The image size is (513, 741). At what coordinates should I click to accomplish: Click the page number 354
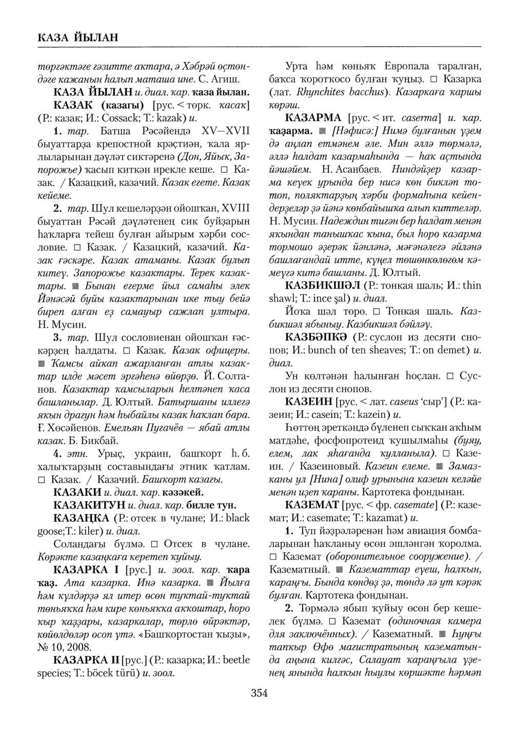(x=259, y=694)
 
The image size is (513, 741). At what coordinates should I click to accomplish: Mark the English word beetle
(x=236, y=659)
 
